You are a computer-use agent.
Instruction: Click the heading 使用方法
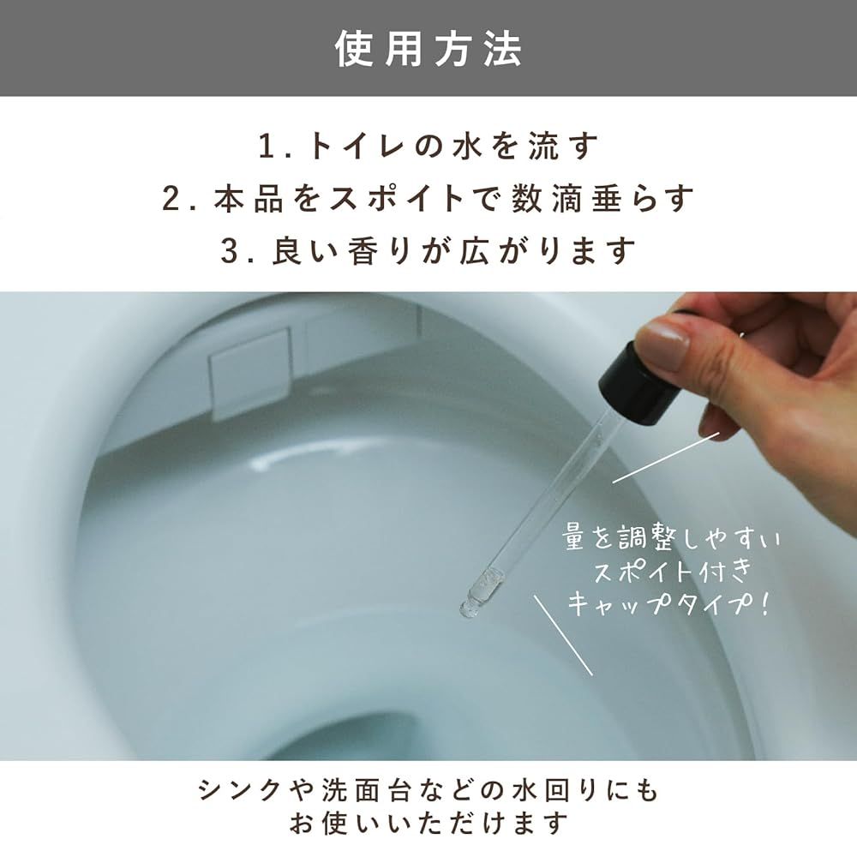point(428,49)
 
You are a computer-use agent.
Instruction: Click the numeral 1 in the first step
point(267,147)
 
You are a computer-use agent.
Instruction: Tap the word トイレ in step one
point(356,147)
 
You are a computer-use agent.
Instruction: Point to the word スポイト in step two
point(396,199)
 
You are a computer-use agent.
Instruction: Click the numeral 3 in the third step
point(230,251)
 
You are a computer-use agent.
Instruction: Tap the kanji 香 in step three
point(362,251)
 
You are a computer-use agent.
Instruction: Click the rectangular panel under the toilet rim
point(249,375)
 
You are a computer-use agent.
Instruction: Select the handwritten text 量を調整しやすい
point(671,539)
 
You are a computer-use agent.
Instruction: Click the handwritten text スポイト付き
point(674,571)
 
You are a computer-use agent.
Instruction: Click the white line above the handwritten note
point(666,458)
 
